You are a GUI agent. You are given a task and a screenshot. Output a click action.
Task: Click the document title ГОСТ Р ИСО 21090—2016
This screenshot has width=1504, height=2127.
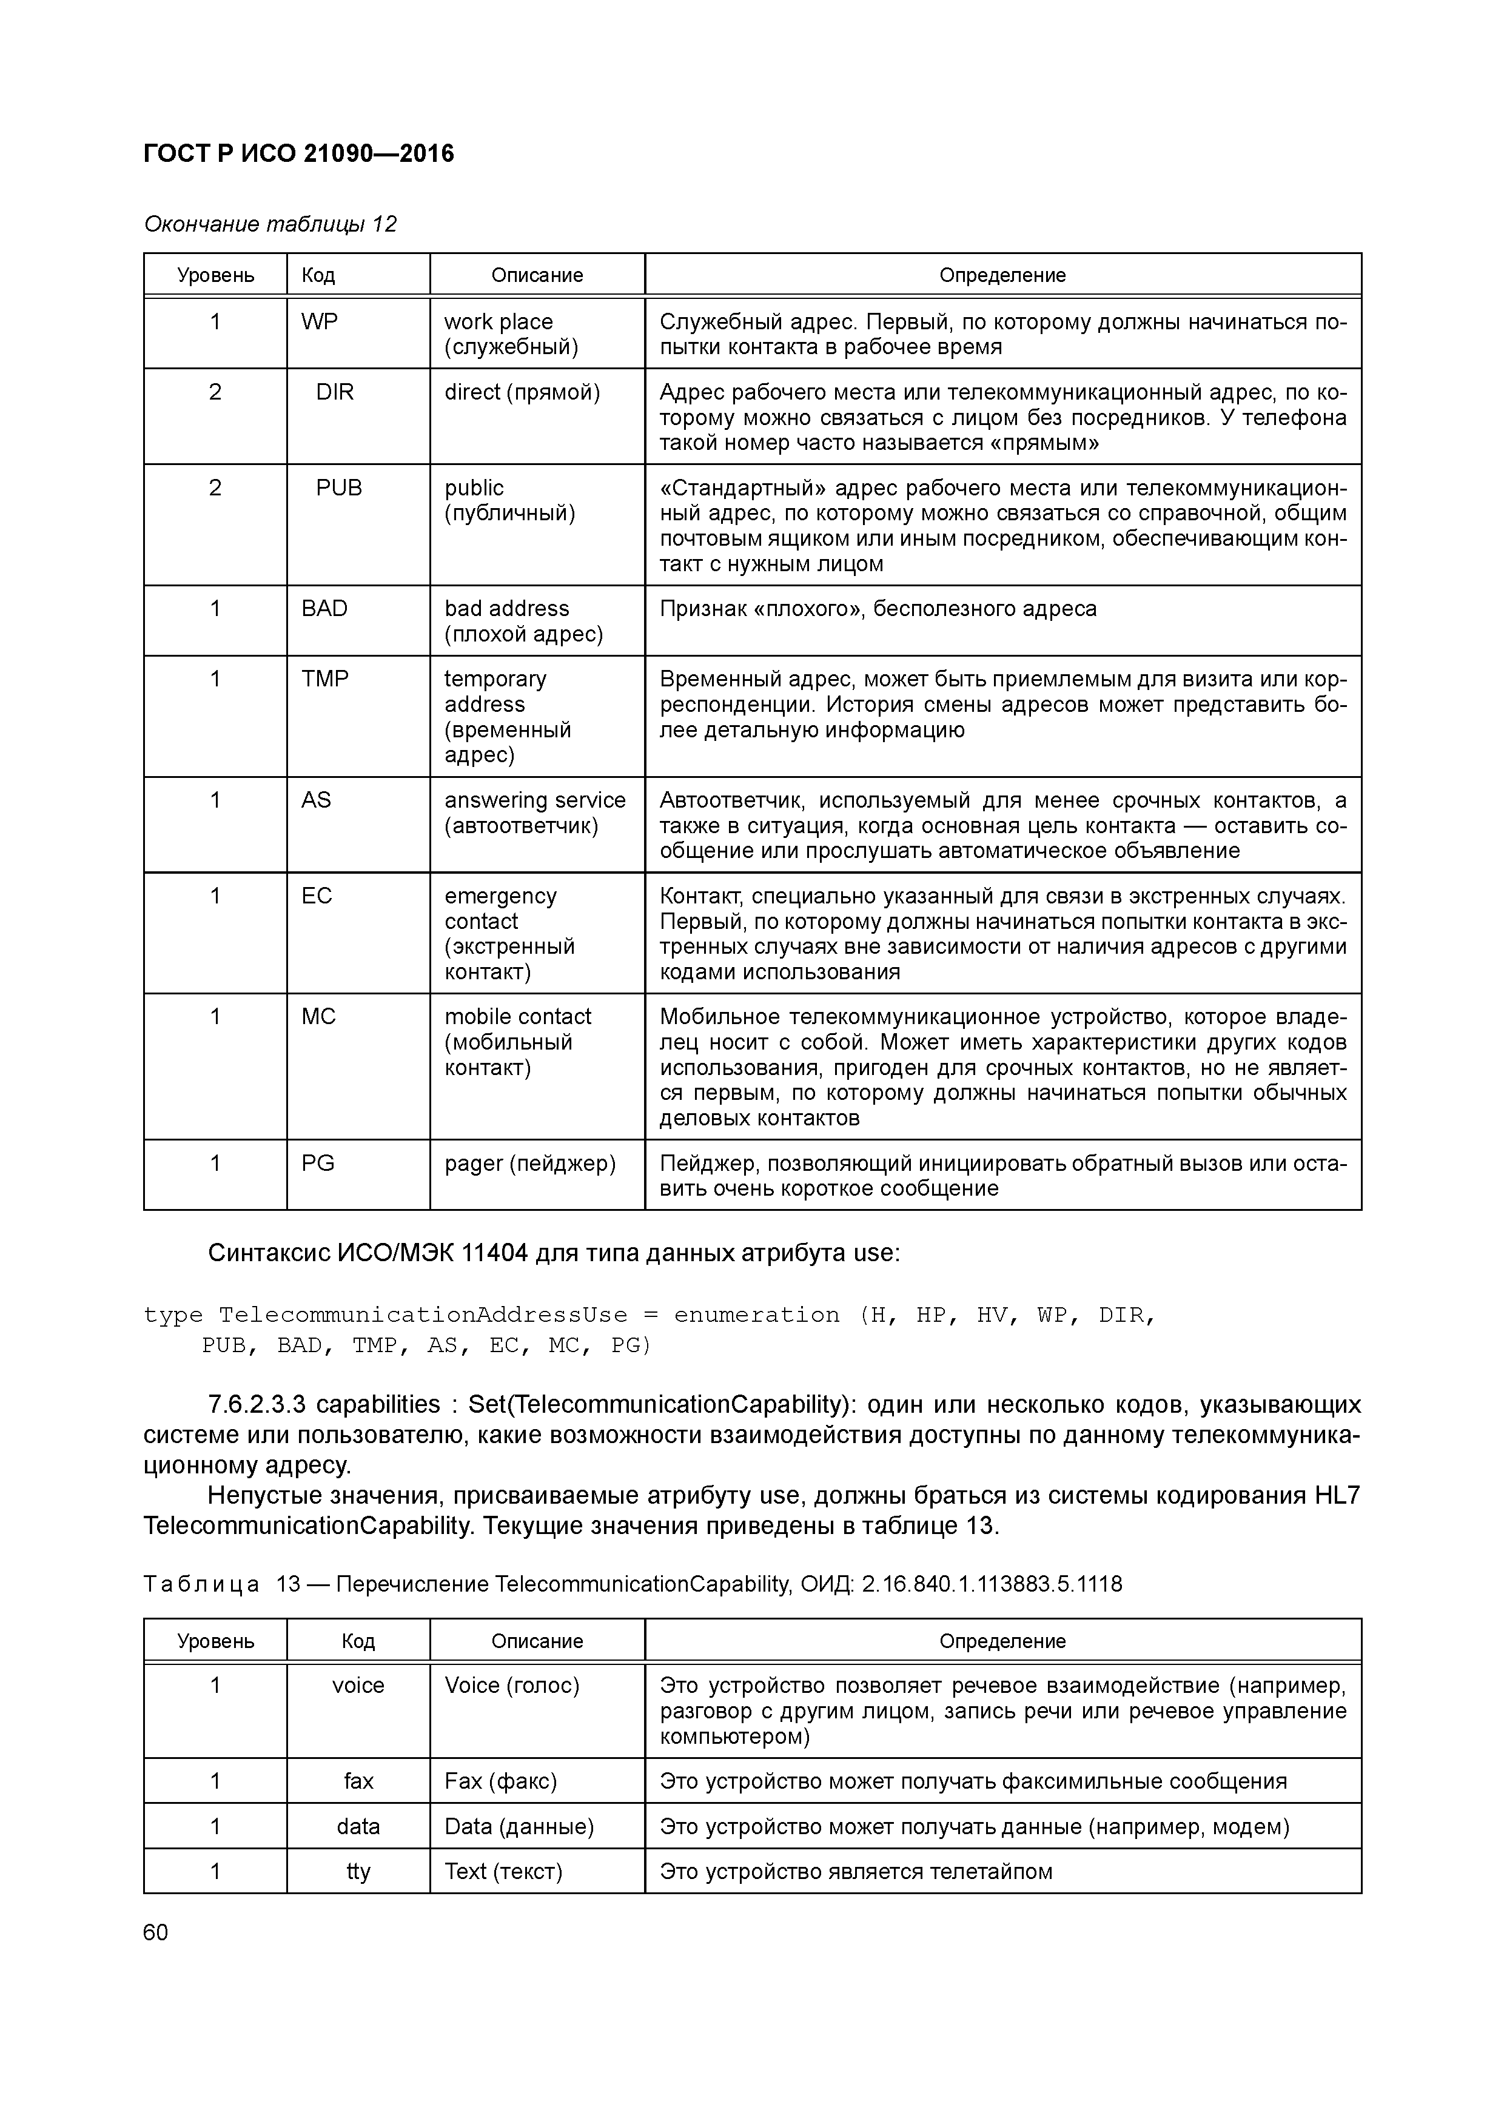(x=300, y=154)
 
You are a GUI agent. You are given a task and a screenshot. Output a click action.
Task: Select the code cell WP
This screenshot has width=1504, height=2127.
(x=320, y=323)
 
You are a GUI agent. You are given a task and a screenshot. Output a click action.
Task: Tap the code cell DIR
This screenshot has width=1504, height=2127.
(x=335, y=393)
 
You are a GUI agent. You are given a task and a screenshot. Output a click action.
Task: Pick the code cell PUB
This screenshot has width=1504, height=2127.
(x=338, y=488)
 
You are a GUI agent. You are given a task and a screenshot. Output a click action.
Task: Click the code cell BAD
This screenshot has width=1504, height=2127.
(x=324, y=609)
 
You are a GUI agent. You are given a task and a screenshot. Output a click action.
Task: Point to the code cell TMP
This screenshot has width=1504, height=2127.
(x=324, y=679)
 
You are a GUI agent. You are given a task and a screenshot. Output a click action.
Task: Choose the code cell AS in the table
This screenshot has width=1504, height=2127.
(x=316, y=800)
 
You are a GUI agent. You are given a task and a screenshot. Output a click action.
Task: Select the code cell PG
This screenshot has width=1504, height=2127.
(x=318, y=1164)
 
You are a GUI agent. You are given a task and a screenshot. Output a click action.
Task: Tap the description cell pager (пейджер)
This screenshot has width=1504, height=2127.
(x=530, y=1164)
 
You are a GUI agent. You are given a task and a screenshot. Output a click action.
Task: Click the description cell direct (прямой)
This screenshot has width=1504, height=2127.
(x=522, y=393)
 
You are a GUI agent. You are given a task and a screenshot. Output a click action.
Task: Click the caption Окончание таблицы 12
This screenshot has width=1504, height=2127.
(x=270, y=224)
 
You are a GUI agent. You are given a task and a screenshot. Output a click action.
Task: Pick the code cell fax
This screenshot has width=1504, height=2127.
(x=358, y=1781)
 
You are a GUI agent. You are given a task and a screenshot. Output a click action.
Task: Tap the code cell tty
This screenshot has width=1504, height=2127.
(x=358, y=1871)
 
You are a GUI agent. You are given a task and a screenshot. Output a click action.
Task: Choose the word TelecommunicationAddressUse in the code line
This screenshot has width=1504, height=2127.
(x=423, y=1316)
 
